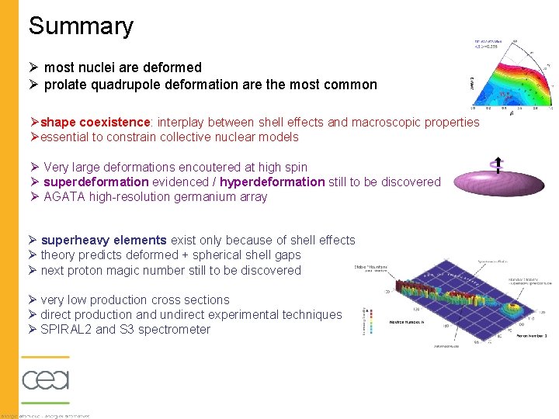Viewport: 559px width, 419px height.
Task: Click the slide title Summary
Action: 81,26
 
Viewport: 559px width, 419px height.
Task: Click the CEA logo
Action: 45,379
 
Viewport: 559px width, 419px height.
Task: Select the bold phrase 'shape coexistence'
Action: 94,122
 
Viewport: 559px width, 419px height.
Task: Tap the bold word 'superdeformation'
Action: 95,182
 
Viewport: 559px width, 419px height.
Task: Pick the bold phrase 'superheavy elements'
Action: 103,240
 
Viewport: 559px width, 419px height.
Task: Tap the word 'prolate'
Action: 65,85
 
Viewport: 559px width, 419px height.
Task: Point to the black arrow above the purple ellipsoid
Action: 495,165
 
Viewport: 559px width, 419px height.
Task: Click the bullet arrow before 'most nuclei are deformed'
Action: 34,68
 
